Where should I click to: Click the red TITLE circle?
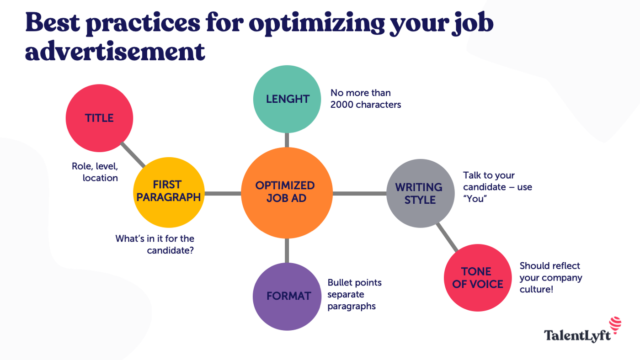(99, 118)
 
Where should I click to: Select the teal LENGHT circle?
(287, 99)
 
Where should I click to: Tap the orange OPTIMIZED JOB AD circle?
(287, 193)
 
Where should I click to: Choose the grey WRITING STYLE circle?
(420, 193)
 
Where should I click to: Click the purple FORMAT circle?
(287, 296)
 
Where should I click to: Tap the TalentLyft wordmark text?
(577, 336)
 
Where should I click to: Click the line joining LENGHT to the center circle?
(287, 140)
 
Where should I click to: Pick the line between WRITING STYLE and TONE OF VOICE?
(447, 237)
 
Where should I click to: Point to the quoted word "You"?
(474, 199)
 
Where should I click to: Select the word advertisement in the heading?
(114, 51)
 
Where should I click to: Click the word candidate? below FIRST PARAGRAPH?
(170, 250)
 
